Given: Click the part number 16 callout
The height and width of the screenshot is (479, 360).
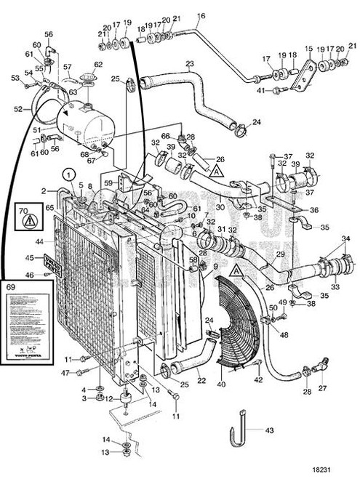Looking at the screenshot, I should (201, 15).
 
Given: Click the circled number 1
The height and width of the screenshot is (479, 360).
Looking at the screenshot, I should (67, 174).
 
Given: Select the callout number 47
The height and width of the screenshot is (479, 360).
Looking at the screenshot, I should (65, 373).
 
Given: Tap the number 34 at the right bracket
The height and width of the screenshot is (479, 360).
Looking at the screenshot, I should (345, 238).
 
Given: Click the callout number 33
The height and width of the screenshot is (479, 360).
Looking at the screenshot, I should (335, 288).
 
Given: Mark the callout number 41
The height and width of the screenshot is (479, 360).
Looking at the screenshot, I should (260, 90).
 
